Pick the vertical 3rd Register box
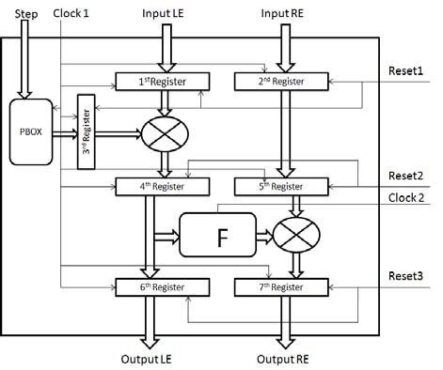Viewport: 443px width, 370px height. pyautogui.click(x=88, y=131)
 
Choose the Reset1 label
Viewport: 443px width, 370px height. pyautogui.click(x=405, y=71)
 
